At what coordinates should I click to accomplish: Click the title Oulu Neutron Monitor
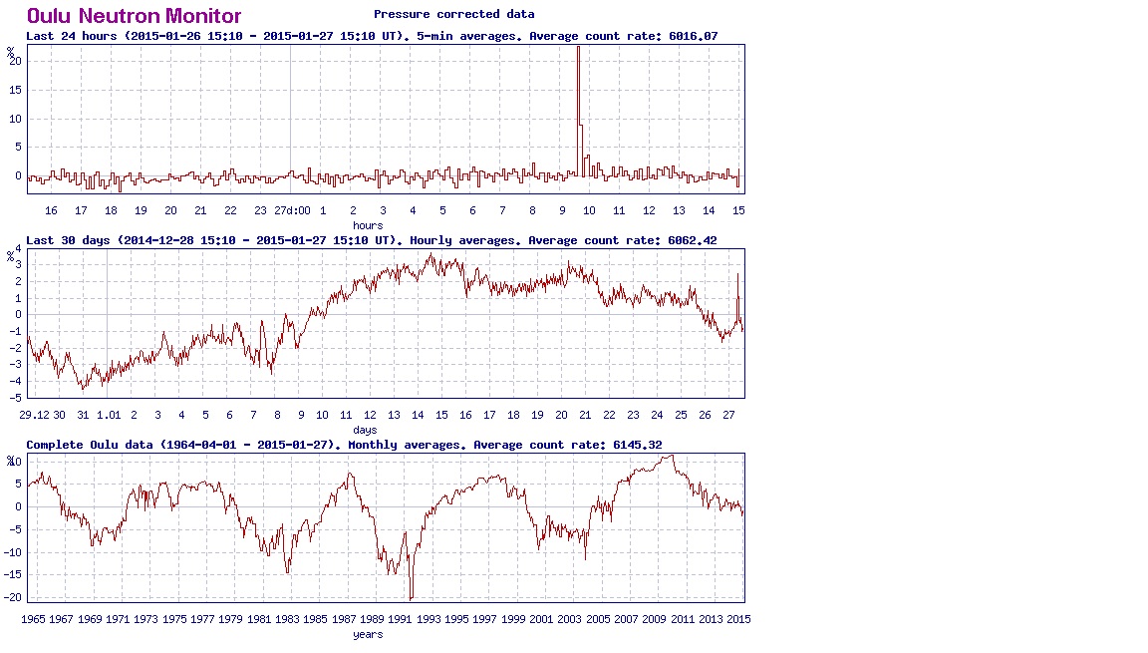pyautogui.click(x=134, y=16)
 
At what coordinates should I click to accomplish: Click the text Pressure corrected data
pyautogui.click(x=453, y=14)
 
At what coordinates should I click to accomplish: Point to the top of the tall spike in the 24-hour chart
pyautogui.click(x=578, y=48)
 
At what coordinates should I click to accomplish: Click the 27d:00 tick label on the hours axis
pyautogui.click(x=292, y=210)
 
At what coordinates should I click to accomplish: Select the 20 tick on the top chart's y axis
pyautogui.click(x=16, y=61)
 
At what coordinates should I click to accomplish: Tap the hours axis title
pyautogui.click(x=368, y=225)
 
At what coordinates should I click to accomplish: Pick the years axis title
pyautogui.click(x=368, y=634)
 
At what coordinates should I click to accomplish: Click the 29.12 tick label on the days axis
pyautogui.click(x=33, y=415)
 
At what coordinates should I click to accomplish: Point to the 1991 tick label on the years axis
pyautogui.click(x=401, y=619)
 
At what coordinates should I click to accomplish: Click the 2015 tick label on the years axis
pyautogui.click(x=738, y=619)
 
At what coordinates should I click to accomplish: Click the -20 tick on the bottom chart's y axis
pyautogui.click(x=14, y=597)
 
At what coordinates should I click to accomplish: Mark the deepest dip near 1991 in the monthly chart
pyautogui.click(x=411, y=598)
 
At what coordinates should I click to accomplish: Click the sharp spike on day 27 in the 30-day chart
pyautogui.click(x=737, y=274)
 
